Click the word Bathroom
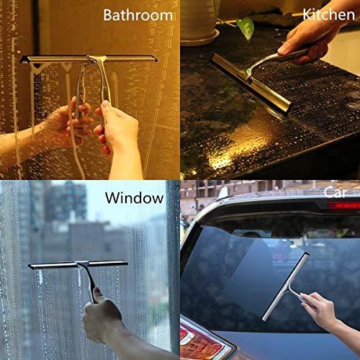[138, 14]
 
